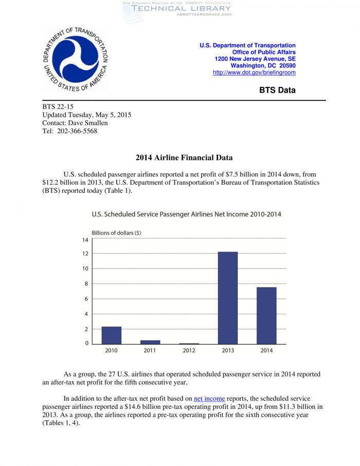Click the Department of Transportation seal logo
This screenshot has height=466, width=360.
[x=76, y=60]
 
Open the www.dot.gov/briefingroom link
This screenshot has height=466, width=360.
[x=254, y=73]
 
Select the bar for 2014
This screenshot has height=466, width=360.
[x=266, y=315]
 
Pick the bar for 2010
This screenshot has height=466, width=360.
[x=112, y=335]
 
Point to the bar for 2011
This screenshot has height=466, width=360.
[x=150, y=342]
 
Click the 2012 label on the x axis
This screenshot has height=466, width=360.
[x=189, y=350]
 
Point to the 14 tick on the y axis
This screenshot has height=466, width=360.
[x=85, y=240]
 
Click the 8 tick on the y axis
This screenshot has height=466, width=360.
[x=86, y=283]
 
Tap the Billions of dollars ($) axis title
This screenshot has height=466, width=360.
[x=116, y=232]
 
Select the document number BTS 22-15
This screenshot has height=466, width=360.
[x=58, y=106]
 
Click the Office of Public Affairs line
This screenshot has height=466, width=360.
[x=264, y=52]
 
